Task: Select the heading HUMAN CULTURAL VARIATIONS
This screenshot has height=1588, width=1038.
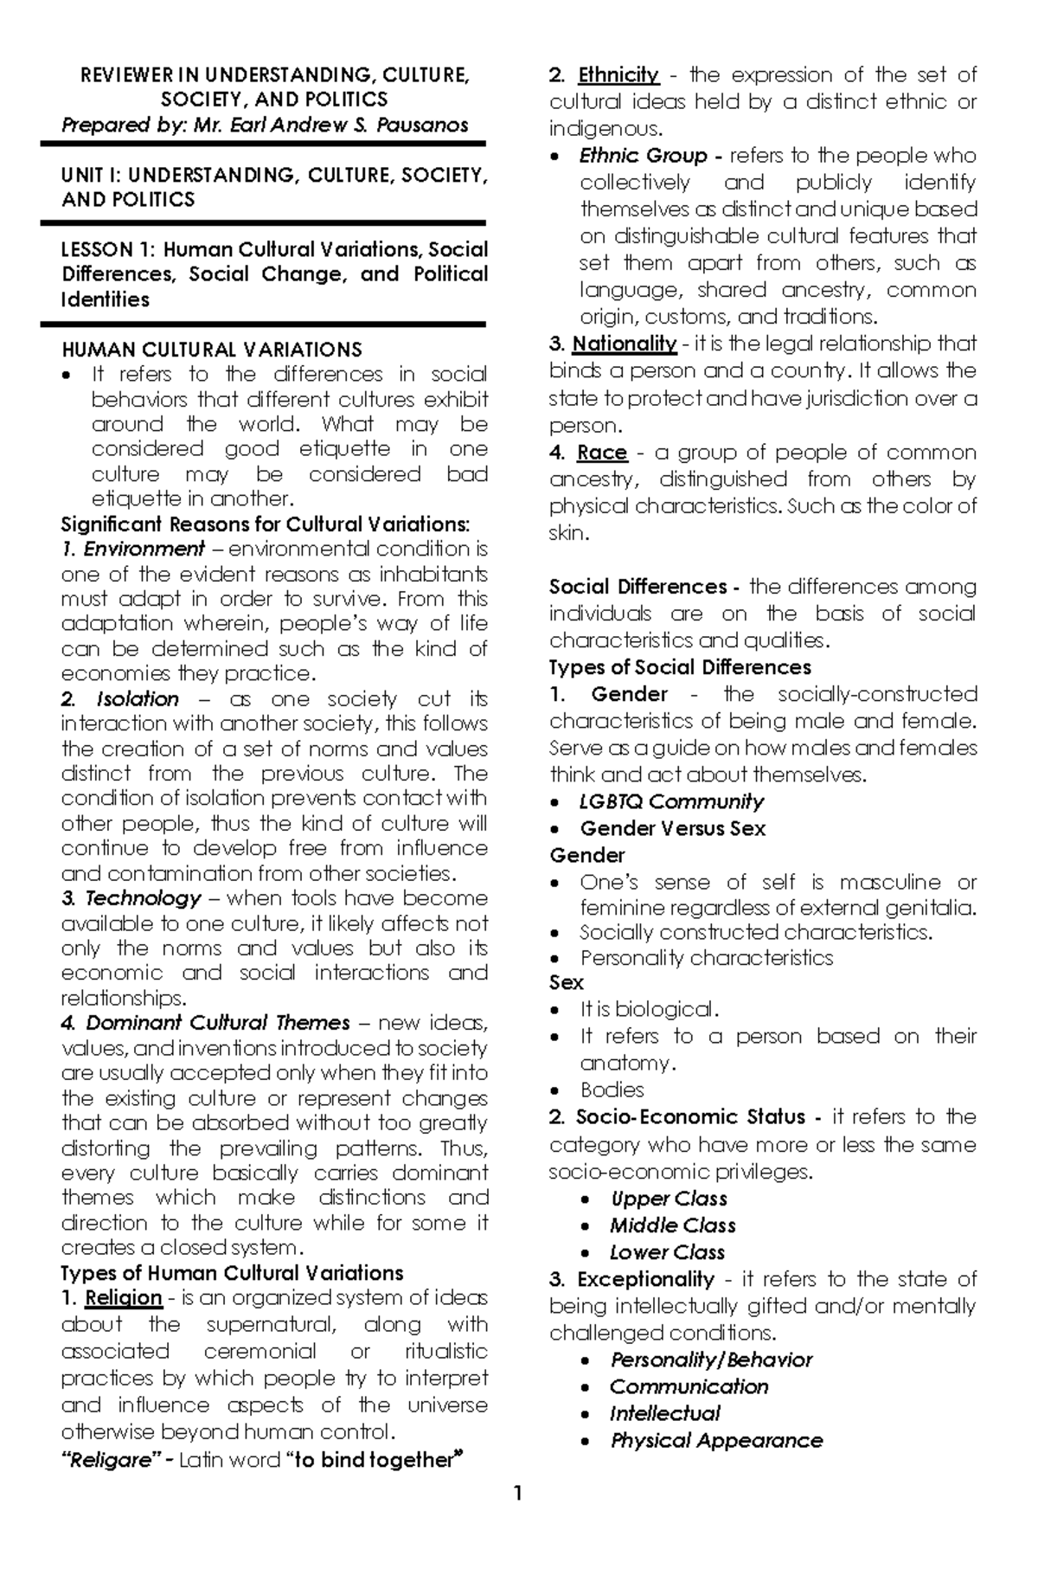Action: click(x=212, y=350)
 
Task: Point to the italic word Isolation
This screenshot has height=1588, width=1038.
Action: click(x=138, y=699)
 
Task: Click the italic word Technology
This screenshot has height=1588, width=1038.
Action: click(x=143, y=898)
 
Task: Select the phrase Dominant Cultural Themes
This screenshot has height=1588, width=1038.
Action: click(x=217, y=1023)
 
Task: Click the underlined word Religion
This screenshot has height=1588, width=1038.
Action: click(x=124, y=1298)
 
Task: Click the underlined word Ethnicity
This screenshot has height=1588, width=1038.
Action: click(x=618, y=75)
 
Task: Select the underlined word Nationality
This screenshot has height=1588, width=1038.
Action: click(x=625, y=344)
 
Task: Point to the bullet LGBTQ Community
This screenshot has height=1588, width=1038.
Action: click(x=671, y=801)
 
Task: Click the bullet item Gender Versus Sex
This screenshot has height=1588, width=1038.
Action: click(x=673, y=828)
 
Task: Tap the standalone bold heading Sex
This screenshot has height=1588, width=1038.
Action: click(x=567, y=983)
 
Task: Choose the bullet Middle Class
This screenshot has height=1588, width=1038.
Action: click(x=672, y=1225)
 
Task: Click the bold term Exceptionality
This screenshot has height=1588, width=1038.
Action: click(x=645, y=1279)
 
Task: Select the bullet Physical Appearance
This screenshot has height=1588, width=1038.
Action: click(x=716, y=1440)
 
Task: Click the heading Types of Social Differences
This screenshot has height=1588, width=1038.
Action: click(x=680, y=667)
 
